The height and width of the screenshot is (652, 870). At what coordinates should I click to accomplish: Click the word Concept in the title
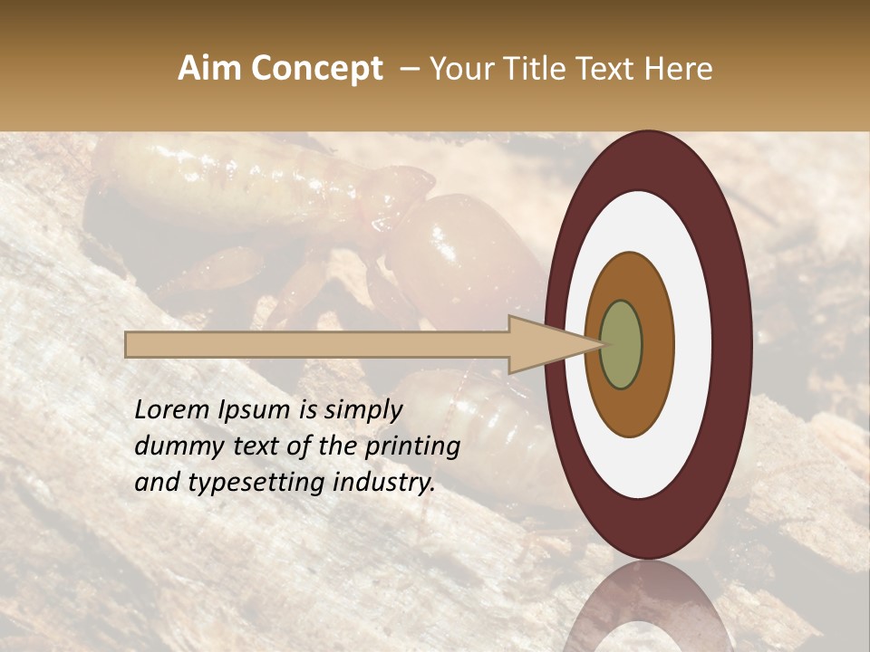pyautogui.click(x=317, y=69)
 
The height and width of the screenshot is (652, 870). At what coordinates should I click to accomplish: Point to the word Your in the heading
pyautogui.click(x=462, y=69)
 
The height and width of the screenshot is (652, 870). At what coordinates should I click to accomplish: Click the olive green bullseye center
pyautogui.click(x=621, y=344)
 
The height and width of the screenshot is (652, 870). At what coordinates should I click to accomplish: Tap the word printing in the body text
pyautogui.click(x=411, y=447)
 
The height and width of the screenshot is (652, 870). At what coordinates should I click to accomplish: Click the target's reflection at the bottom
pyautogui.click(x=648, y=611)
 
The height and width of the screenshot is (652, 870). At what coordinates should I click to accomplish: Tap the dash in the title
pyautogui.click(x=410, y=69)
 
